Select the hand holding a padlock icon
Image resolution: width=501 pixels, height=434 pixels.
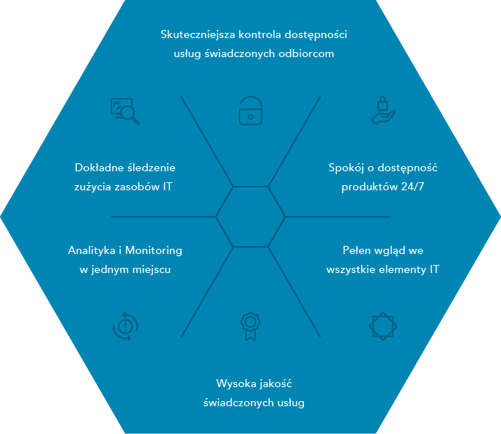383,111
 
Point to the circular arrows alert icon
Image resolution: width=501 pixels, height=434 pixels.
125,326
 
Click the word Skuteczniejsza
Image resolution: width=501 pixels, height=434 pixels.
198,35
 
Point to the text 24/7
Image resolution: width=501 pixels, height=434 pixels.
412,187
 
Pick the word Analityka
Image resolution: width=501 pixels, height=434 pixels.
92,251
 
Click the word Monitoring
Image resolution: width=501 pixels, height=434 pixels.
153,251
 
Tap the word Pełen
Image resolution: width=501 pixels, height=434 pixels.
356,250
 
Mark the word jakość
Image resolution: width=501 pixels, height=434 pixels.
275,384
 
